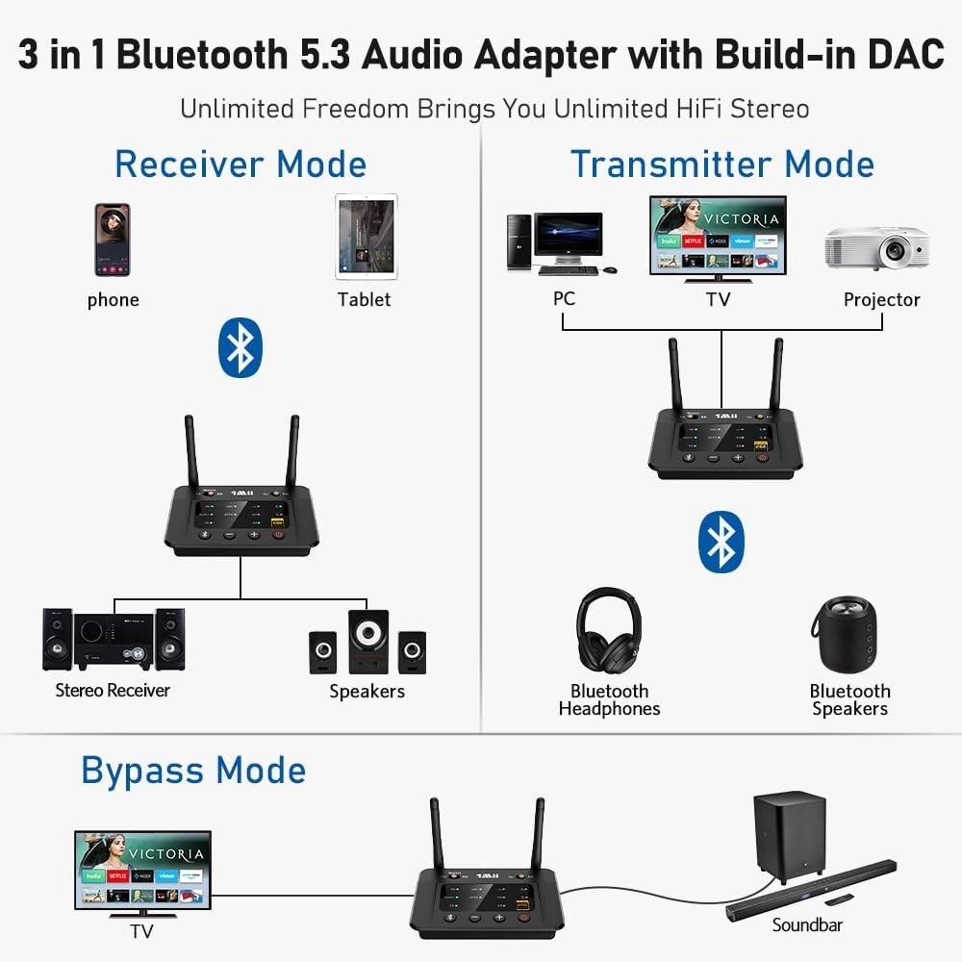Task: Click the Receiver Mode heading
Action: pos(240,164)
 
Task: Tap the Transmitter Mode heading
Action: pos(721,164)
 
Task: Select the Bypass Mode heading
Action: pos(193,771)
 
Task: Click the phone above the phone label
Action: pos(113,240)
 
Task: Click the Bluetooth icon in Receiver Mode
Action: pos(240,347)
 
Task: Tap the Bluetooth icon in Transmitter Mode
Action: pos(721,543)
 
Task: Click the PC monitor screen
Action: pos(569,235)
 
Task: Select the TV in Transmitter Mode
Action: pos(718,236)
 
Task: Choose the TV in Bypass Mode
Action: pos(142,871)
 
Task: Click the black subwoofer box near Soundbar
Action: pos(789,832)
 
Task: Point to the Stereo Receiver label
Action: pos(113,690)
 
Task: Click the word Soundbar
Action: pos(807,924)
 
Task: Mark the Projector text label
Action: pos(881,299)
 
